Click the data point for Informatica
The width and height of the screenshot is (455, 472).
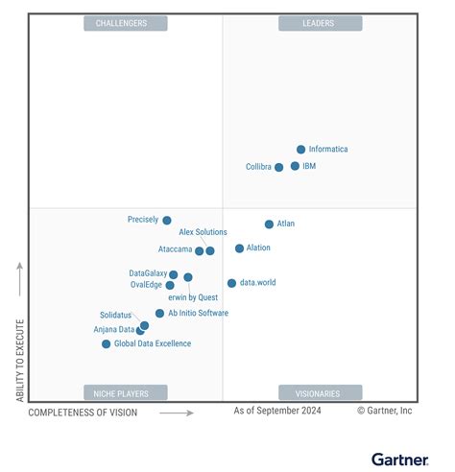pyautogui.click(x=300, y=150)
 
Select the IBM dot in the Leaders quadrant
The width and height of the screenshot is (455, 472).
pyautogui.click(x=295, y=166)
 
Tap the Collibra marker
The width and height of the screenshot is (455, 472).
pyautogui.click(x=279, y=167)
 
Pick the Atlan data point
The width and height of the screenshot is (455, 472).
pyautogui.click(x=269, y=224)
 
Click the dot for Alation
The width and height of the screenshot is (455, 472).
pyautogui.click(x=239, y=248)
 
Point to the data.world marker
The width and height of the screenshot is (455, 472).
pyautogui.click(x=231, y=283)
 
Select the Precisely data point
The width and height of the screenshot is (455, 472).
pyautogui.click(x=167, y=221)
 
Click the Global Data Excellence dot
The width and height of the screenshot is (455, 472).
pyautogui.click(x=107, y=343)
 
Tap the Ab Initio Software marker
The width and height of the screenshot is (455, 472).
pyautogui.click(x=159, y=314)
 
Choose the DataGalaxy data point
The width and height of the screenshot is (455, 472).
pyautogui.click(x=173, y=274)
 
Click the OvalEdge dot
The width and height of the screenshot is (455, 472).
pyautogui.click(x=170, y=285)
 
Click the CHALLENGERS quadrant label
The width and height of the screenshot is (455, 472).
pyautogui.click(x=125, y=23)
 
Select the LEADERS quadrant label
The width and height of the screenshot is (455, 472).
pyautogui.click(x=320, y=23)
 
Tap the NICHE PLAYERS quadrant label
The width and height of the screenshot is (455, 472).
pyautogui.click(x=125, y=392)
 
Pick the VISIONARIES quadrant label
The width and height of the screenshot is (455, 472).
pyautogui.click(x=320, y=392)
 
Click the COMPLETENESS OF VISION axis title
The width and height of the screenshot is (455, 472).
pyautogui.click(x=83, y=413)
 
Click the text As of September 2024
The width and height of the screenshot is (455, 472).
pyautogui.click(x=277, y=411)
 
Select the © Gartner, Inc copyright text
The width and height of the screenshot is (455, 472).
pyautogui.click(x=384, y=411)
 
